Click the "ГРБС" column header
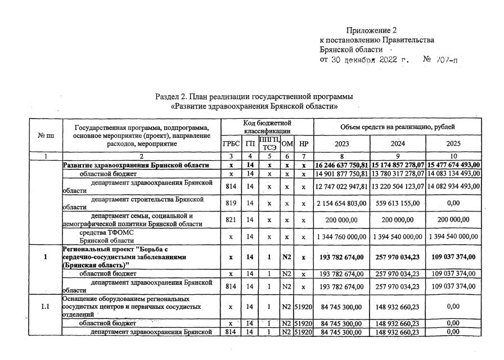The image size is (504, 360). (231, 143)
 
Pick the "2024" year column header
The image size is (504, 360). (398, 143)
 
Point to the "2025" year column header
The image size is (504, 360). (453, 143)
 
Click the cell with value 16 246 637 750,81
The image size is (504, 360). (342, 165)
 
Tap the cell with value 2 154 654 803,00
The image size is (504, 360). (342, 202)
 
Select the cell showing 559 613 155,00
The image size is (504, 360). (398, 202)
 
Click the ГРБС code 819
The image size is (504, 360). (231, 202)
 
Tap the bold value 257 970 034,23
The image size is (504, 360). (398, 257)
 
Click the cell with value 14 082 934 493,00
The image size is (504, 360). (453, 187)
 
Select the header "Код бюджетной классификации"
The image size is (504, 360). (267, 127)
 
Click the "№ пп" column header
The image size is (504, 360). (46, 136)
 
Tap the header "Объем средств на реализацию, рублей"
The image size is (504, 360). (398, 127)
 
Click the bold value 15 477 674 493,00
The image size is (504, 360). (453, 165)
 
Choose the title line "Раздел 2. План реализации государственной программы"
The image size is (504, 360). (254, 97)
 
